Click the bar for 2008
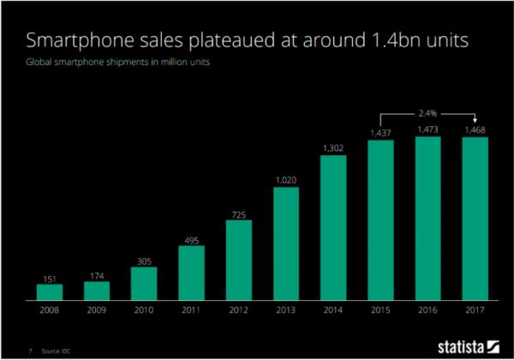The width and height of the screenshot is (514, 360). [50, 292]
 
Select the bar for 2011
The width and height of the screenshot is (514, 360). [192, 273]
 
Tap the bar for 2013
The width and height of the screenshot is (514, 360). [287, 243]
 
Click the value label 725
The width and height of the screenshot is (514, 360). [239, 213]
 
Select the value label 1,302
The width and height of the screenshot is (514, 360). [334, 148]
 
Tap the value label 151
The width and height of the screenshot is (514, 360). [50, 278]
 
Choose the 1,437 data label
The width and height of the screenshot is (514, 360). [381, 133]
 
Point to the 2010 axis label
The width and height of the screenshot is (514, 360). [144, 312]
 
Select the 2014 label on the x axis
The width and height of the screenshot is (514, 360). [334, 312]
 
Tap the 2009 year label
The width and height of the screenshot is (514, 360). [97, 312]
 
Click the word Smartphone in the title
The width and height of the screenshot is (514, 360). [81, 40]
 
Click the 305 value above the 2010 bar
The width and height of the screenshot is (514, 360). [144, 260]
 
